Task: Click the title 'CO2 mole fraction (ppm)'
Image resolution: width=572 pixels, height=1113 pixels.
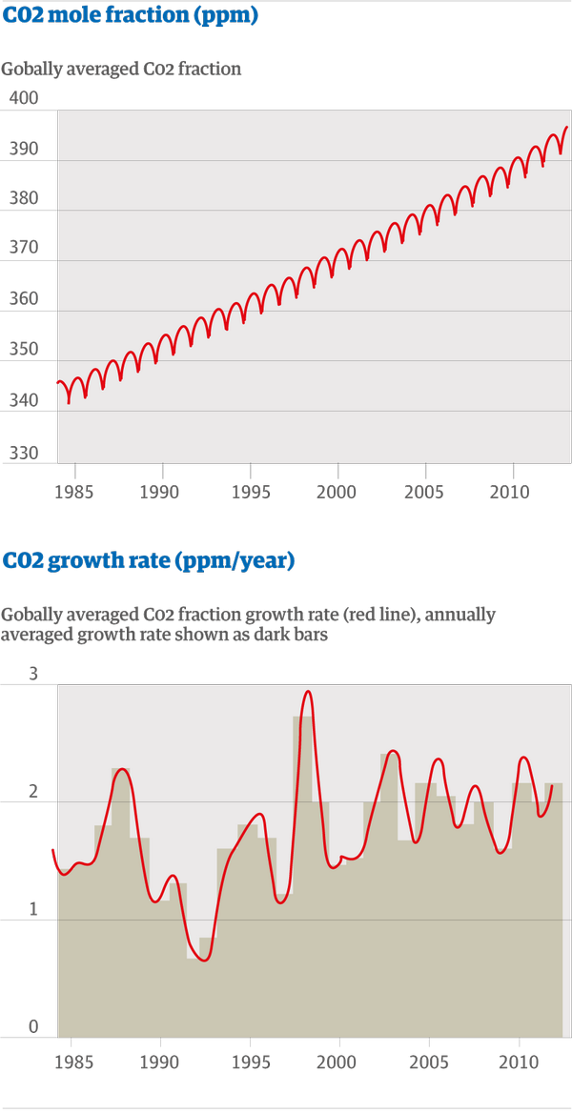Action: point(131,16)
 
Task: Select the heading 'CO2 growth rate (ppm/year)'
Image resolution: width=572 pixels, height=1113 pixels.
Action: point(148,560)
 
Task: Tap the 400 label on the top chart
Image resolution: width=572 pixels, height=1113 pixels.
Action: point(23,98)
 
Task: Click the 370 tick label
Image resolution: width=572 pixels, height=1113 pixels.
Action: point(23,248)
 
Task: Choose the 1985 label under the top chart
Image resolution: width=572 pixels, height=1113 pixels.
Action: point(75,492)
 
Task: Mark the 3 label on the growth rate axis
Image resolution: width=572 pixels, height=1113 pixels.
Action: point(32,673)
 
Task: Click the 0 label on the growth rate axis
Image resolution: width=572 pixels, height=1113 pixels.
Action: point(32,1025)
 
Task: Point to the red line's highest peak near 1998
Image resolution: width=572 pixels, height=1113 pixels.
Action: point(308,692)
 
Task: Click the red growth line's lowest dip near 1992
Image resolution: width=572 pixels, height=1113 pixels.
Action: point(205,961)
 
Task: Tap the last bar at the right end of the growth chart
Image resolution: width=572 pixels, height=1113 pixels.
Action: point(554,910)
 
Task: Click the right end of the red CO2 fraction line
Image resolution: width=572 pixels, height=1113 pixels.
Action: point(566,127)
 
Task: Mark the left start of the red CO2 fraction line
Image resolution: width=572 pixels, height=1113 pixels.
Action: point(57,383)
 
